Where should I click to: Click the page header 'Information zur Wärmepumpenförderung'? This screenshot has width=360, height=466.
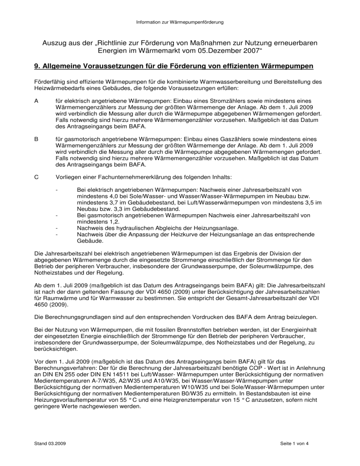click(x=180, y=22)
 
